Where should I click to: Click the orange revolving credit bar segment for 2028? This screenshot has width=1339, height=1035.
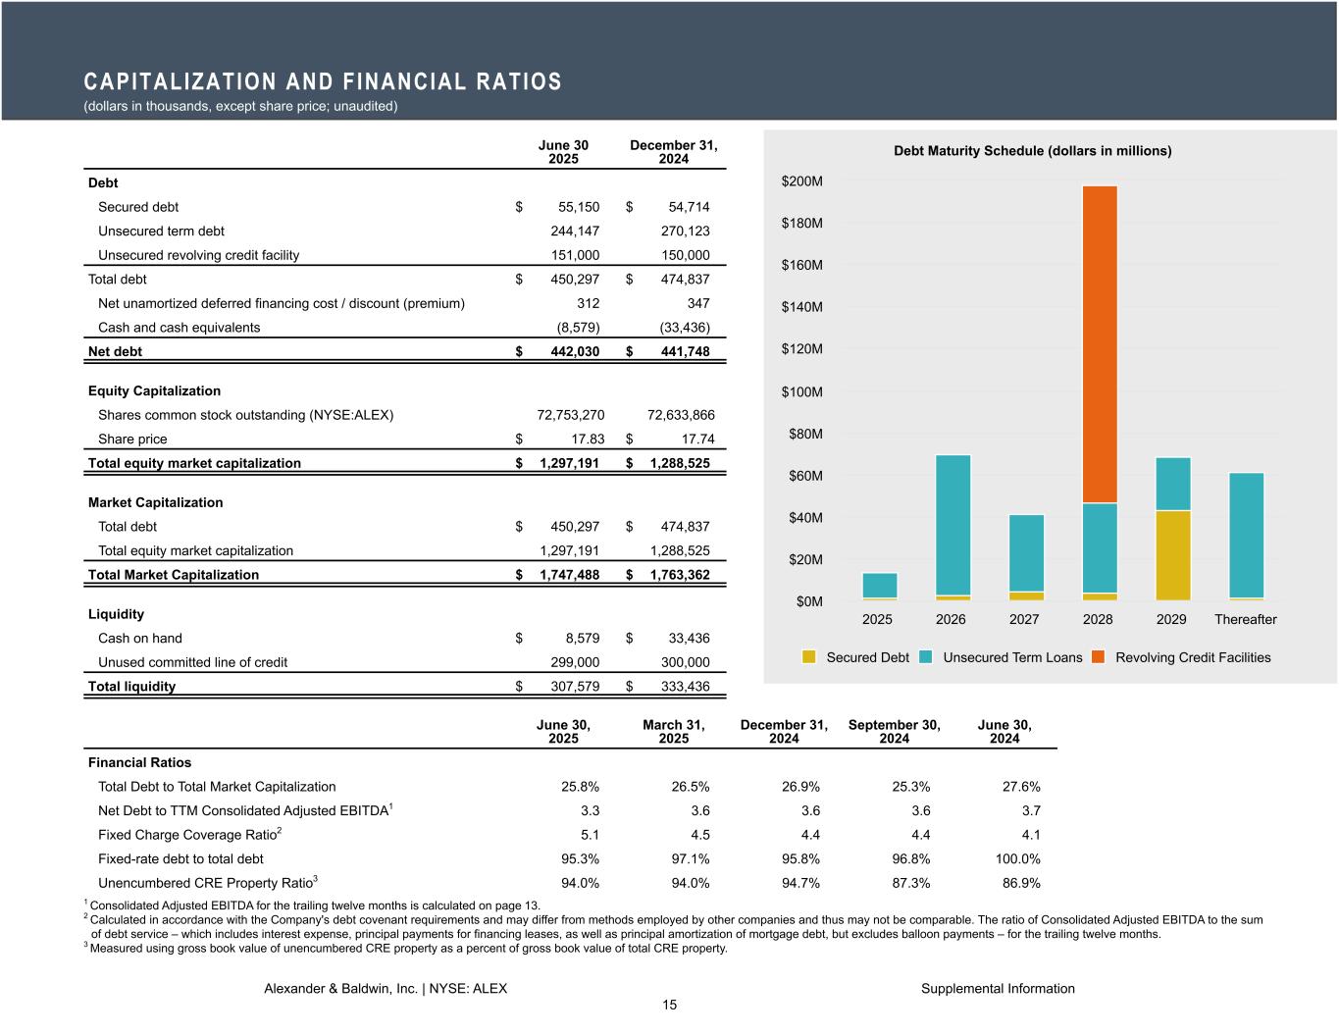point(1100,343)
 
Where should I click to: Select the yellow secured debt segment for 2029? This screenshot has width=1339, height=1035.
point(1172,555)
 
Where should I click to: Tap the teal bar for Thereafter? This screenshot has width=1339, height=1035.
point(1246,535)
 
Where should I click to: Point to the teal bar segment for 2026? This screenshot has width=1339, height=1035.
point(953,525)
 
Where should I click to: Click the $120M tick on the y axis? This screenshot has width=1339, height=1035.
point(801,349)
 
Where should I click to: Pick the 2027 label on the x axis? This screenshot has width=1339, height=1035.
point(1024,620)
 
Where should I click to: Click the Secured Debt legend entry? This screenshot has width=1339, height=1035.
point(856,657)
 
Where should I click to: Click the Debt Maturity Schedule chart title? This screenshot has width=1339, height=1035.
point(1032,151)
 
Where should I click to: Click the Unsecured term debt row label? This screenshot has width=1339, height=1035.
point(161,232)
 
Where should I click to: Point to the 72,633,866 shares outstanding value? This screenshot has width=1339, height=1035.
point(682,415)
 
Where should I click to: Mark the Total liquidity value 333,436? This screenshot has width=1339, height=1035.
point(685,687)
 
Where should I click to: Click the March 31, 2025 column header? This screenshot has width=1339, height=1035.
point(674,732)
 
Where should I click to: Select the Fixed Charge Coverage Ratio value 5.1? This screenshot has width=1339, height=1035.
point(590,835)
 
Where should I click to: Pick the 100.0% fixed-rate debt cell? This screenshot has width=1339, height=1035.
point(1017,859)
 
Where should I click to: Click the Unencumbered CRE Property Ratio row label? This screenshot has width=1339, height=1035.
point(206,883)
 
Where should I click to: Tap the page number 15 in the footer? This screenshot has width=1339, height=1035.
point(669,1005)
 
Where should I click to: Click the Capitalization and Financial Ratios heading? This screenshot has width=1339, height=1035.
point(323,81)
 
